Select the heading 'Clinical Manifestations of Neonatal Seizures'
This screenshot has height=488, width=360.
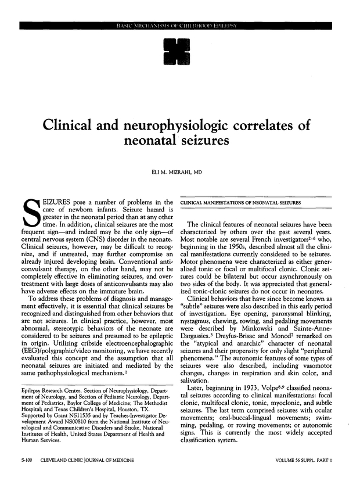(x=241, y=202)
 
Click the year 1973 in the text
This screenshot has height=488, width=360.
(x=239, y=384)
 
